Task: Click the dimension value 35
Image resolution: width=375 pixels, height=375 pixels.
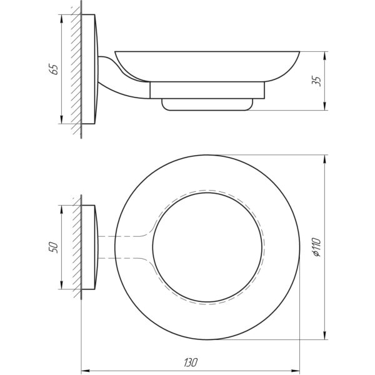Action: click(x=317, y=81)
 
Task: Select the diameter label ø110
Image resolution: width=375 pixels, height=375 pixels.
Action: click(x=317, y=247)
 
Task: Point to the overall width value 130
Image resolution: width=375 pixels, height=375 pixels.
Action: click(x=191, y=362)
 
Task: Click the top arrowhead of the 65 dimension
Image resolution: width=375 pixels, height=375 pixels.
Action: click(x=62, y=19)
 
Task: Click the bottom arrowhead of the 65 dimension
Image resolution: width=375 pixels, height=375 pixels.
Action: click(x=62, y=119)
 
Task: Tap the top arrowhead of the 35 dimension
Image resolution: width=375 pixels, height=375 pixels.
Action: click(x=324, y=56)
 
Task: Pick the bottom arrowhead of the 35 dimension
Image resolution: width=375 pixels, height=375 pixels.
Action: click(x=324, y=106)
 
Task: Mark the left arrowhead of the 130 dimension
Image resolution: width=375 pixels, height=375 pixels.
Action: click(x=86, y=370)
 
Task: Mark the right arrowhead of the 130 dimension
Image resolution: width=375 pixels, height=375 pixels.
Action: click(x=296, y=370)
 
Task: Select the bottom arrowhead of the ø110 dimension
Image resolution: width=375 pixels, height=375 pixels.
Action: click(x=324, y=335)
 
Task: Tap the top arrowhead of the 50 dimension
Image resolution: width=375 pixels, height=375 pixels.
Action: click(x=62, y=209)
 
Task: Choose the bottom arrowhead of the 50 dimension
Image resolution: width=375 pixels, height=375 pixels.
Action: click(x=62, y=285)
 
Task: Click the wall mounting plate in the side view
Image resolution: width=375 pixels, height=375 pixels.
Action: click(x=89, y=69)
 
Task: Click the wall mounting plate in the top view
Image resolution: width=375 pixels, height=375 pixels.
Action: click(x=89, y=247)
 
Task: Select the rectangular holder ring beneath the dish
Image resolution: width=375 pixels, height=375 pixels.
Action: click(x=207, y=90)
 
